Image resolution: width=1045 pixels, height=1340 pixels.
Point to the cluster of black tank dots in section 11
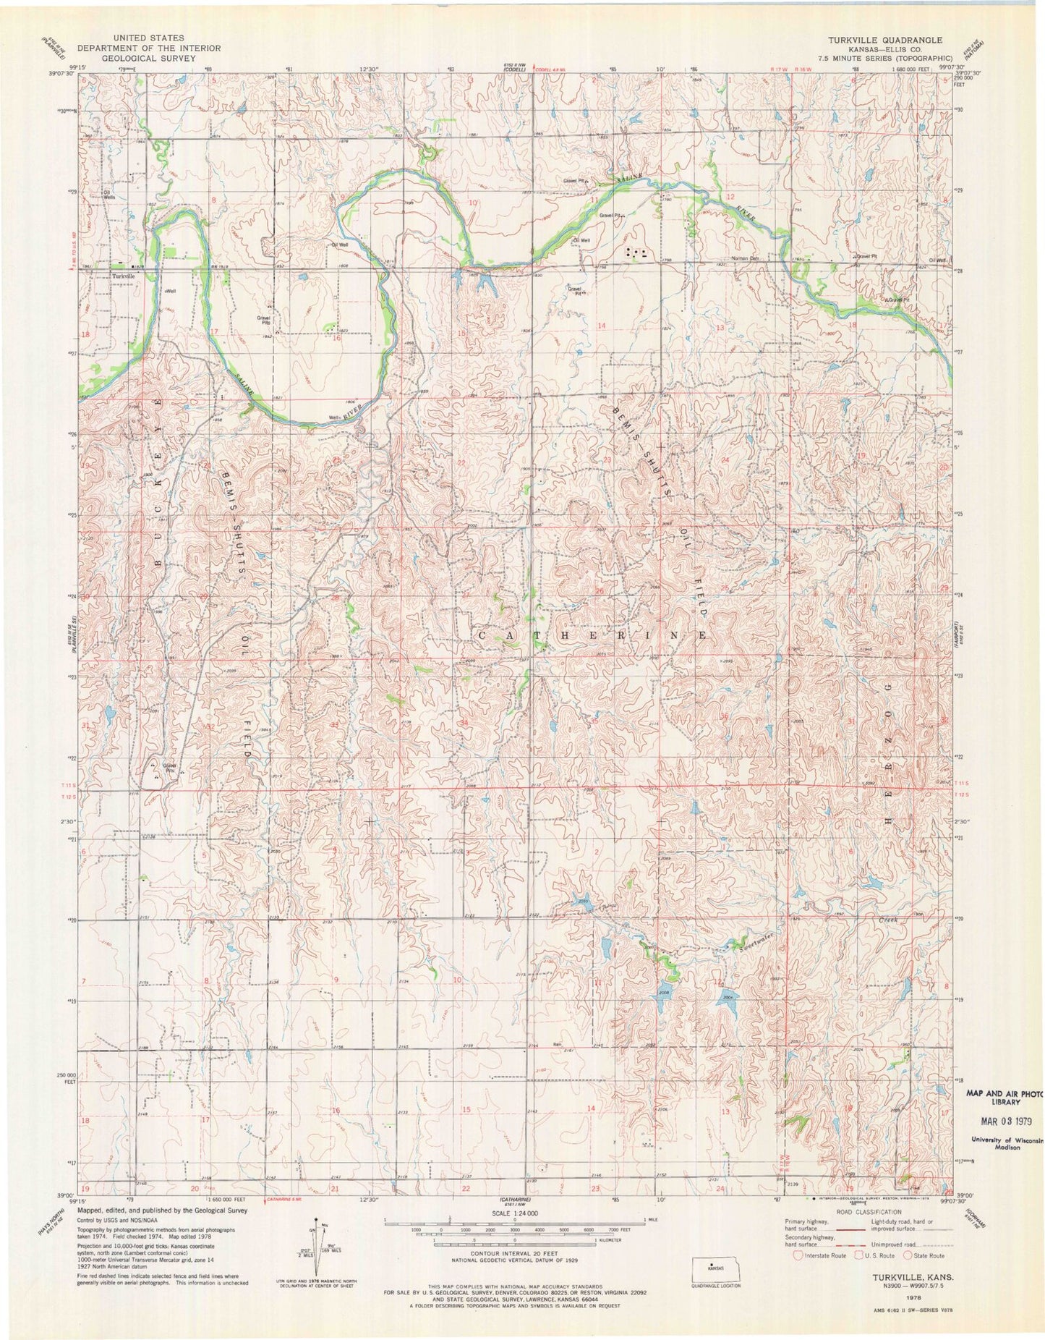coord(636,253)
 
